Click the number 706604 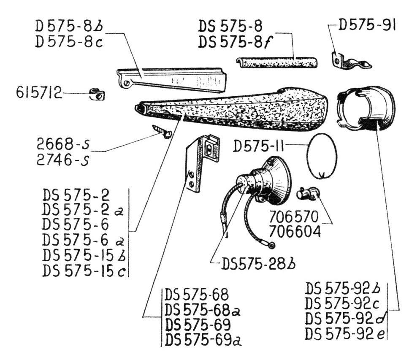(295, 232)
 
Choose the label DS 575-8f (230, 42)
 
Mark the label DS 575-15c (84, 271)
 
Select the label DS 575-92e (345, 333)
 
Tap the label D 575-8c (69, 42)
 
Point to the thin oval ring (322, 156)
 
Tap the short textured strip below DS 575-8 (277, 63)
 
